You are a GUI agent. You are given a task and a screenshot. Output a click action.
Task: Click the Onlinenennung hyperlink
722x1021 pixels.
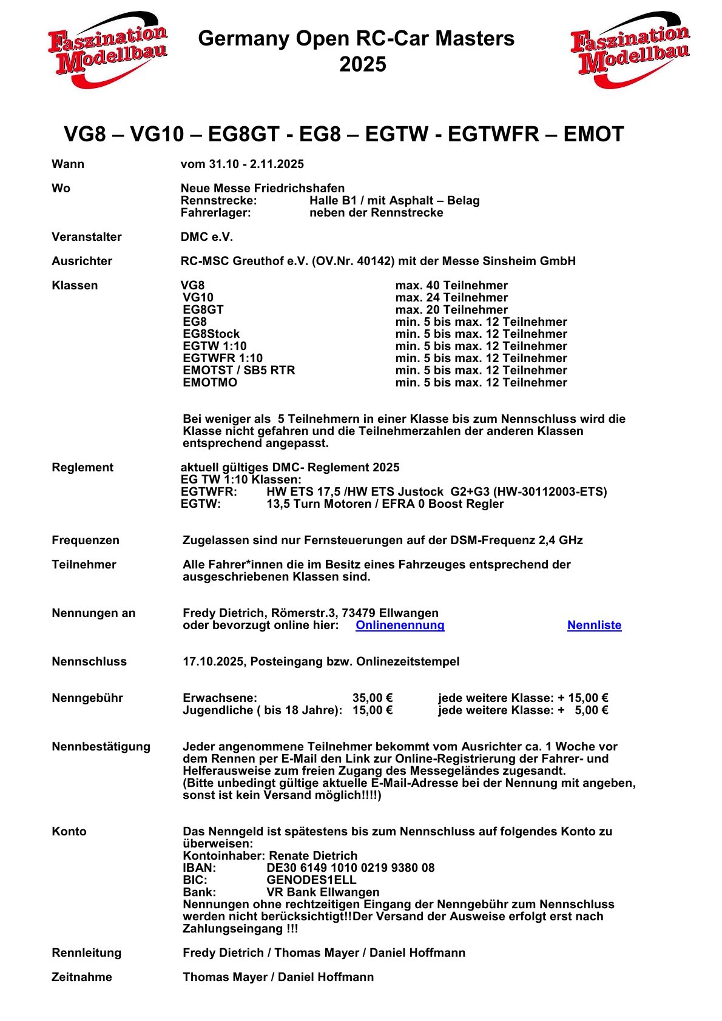[400, 625]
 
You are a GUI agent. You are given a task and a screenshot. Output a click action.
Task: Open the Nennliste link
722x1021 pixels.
[594, 625]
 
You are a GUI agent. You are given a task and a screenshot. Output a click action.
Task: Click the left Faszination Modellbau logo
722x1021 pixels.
[107, 50]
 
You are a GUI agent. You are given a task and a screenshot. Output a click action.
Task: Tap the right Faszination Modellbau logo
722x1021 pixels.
[630, 50]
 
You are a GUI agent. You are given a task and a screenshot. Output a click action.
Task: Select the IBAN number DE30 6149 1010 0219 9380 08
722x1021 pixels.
[350, 868]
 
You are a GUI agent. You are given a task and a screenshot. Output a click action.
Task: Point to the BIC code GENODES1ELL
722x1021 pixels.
[311, 880]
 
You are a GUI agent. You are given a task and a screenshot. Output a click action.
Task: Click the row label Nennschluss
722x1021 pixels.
[89, 662]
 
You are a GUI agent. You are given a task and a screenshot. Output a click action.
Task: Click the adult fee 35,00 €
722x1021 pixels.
[373, 698]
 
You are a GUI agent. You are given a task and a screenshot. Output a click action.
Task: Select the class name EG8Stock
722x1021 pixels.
[211, 334]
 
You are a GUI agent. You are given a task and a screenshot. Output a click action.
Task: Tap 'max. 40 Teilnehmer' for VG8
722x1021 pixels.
[451, 286]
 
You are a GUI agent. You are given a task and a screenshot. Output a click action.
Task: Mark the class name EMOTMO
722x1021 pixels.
[210, 383]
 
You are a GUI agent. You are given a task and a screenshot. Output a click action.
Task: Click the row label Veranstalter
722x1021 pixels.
[87, 237]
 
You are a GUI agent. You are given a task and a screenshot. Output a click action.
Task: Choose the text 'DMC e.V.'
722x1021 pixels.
[207, 237]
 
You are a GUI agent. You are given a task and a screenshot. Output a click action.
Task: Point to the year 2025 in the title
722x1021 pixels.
[362, 65]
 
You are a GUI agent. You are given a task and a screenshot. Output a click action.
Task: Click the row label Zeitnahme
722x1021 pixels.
[82, 977]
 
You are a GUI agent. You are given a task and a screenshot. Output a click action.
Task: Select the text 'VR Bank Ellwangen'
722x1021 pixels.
[323, 892]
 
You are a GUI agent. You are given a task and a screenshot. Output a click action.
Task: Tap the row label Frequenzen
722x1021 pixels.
[86, 541]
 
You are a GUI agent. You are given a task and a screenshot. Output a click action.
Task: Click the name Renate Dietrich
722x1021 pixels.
[313, 856]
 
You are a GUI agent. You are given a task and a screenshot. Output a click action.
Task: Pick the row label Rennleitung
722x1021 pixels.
[86, 953]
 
